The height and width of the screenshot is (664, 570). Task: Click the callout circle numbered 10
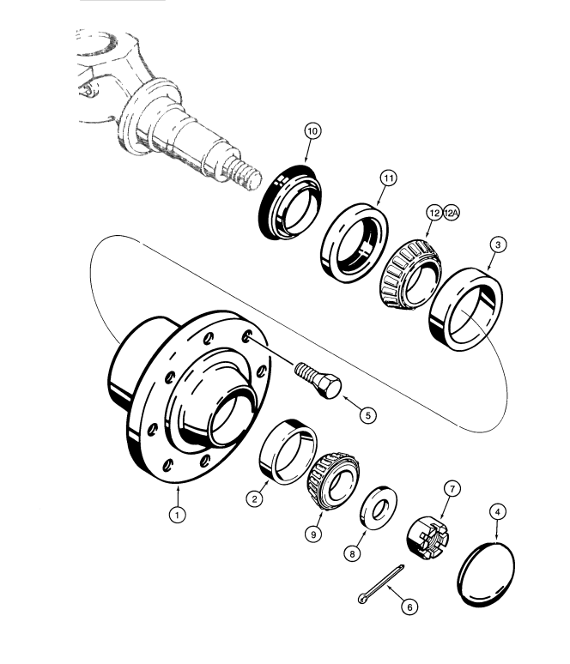[x=312, y=131]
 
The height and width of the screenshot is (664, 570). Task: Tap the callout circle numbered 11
[x=389, y=178]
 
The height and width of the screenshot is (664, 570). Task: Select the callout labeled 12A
[x=452, y=213]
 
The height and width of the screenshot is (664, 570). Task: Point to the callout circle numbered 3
[x=498, y=244]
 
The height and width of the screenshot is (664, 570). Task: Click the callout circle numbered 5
[x=368, y=415]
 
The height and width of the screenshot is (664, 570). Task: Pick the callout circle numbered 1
[x=177, y=515]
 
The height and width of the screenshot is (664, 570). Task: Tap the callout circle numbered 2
[x=254, y=498]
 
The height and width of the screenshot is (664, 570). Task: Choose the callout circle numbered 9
[x=313, y=534]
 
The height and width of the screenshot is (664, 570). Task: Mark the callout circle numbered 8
[x=352, y=553]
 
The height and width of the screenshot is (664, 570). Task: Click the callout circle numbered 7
[x=452, y=489]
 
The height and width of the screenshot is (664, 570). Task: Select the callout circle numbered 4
[x=498, y=512]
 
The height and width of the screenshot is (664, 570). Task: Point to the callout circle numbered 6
[x=409, y=607]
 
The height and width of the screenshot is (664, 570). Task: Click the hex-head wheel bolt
[x=318, y=380]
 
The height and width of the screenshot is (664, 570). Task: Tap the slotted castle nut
[x=427, y=538]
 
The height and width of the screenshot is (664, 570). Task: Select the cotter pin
[x=381, y=584]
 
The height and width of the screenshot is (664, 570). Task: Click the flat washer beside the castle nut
[x=379, y=508]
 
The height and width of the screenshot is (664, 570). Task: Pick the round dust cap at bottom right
[x=487, y=574]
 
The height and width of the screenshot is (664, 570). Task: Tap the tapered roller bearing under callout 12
[x=410, y=273]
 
